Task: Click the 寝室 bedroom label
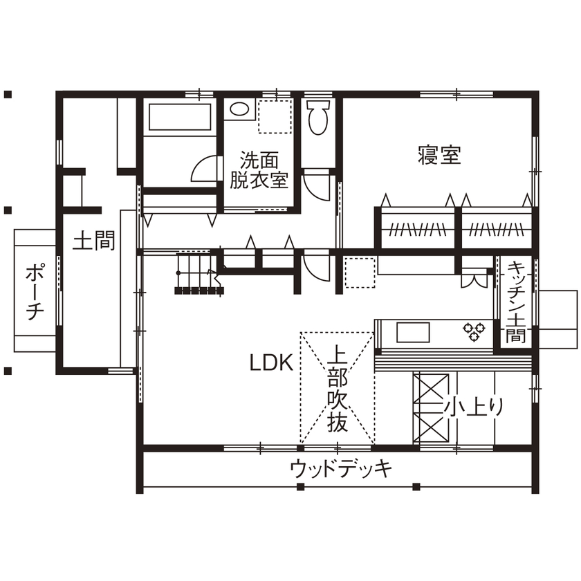pos(439,154)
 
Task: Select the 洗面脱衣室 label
pos(259,170)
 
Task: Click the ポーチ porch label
pos(35,291)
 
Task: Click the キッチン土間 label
pos(516,303)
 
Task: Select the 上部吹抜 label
pos(337,389)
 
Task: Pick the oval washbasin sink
pos(239,109)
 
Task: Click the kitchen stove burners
pos(474,331)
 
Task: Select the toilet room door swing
pos(316,183)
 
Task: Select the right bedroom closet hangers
pos(495,228)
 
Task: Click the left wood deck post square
pos(299,486)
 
